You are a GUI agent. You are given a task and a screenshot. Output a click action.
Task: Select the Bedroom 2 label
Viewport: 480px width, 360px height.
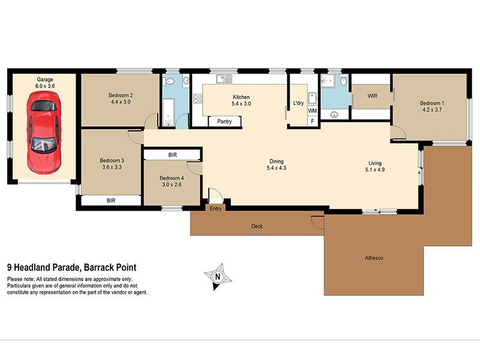click(121, 95)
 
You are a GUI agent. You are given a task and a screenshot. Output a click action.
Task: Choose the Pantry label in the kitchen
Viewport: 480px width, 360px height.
click(224, 122)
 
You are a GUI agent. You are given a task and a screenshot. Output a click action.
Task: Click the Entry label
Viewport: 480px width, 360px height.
click(216, 209)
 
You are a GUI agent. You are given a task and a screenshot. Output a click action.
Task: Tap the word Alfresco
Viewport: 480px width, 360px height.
click(374, 257)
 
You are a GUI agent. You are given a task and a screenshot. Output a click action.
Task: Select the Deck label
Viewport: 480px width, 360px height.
click(257, 226)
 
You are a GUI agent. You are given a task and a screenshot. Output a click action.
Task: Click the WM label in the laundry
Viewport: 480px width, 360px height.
click(312, 111)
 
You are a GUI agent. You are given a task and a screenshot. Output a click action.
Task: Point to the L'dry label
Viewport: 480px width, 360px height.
click(298, 103)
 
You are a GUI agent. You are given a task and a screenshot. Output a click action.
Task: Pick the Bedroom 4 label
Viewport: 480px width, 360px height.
click(172, 178)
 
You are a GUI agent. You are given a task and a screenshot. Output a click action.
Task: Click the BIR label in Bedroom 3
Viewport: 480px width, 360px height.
click(111, 200)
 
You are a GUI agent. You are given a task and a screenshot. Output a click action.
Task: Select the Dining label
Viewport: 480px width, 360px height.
click(276, 161)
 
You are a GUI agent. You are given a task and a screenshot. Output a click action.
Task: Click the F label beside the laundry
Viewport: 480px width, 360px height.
click(312, 122)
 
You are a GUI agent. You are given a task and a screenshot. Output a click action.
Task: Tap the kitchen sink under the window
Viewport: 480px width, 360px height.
click(223, 78)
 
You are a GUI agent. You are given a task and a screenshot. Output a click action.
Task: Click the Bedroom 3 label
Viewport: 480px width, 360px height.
click(112, 160)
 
